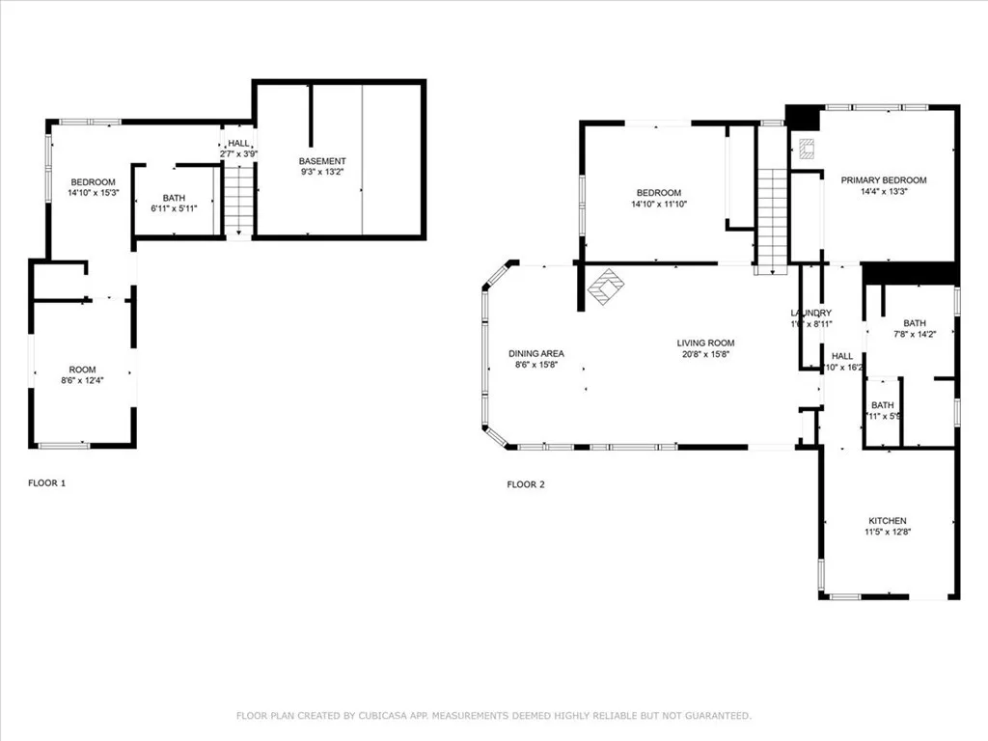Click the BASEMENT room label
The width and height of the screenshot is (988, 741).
click(322, 161)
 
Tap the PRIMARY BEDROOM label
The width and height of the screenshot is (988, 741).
click(883, 180)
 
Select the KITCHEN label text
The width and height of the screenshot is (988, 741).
click(887, 521)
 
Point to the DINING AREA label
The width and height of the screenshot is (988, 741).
click(536, 354)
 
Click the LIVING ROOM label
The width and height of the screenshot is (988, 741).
click(705, 343)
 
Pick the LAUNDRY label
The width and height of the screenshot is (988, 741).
click(810, 314)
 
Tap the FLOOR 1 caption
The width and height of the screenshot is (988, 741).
click(46, 483)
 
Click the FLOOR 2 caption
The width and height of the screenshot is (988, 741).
click(526, 484)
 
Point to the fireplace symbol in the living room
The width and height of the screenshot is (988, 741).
click(607, 287)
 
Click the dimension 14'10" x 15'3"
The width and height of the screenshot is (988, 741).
click(93, 193)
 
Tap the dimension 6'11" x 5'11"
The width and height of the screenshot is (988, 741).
click(174, 208)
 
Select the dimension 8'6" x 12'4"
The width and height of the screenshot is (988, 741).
click(82, 381)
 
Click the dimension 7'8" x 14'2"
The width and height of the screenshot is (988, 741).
click(914, 334)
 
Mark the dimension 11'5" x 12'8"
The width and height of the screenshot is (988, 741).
click(887, 533)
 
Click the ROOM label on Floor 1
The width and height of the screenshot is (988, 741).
click(82, 370)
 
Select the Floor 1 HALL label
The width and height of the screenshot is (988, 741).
click(238, 143)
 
